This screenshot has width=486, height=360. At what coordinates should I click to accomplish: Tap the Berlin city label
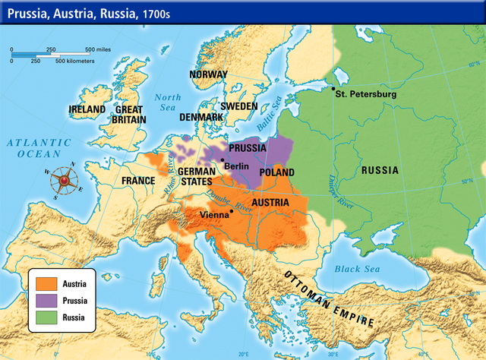pos(238,165)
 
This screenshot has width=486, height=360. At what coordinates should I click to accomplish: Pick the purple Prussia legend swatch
pos(47,299)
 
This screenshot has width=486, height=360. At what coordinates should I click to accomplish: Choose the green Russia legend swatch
pos(47,315)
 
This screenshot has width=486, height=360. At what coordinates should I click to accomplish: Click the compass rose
pos(64,181)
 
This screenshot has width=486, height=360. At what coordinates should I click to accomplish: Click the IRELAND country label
pos(87,109)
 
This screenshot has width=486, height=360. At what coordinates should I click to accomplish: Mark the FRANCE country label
pos(138,182)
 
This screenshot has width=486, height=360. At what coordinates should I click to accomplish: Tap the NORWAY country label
pos(208,74)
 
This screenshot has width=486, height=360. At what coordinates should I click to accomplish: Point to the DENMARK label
pos(200,118)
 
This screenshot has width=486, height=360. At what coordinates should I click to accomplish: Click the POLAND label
pos(278,172)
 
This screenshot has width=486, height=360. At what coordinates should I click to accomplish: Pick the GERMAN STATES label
pos(198,176)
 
